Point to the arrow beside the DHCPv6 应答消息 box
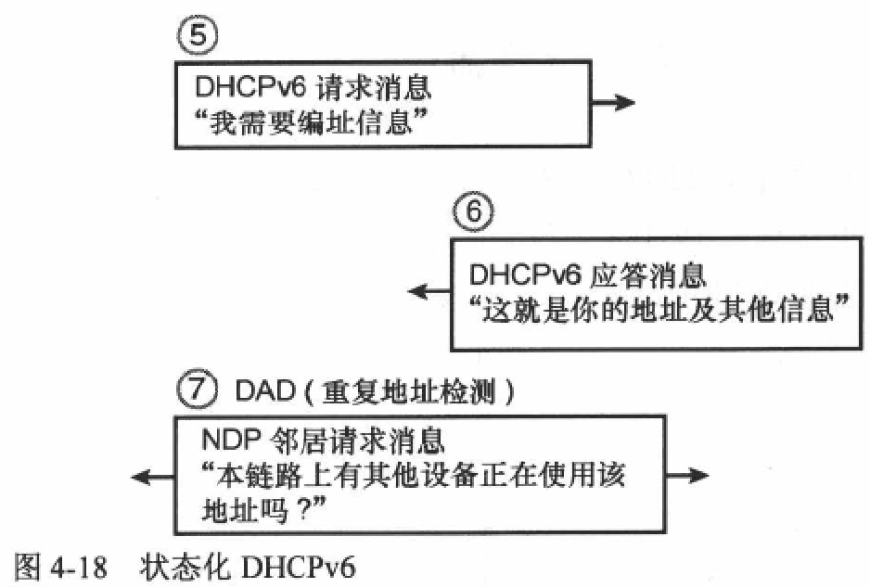click(429, 291)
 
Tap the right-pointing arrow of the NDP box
click(687, 475)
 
